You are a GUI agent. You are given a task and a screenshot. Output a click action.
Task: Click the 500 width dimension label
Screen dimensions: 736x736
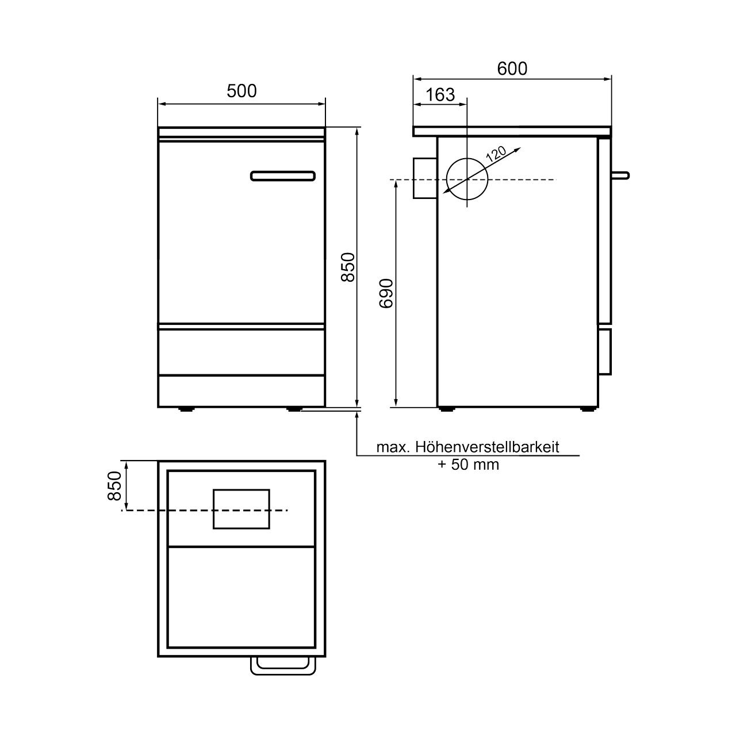tap(241, 91)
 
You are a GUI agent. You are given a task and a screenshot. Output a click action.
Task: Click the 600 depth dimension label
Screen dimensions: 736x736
tap(512, 69)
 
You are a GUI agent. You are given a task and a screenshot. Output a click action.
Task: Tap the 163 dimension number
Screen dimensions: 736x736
tap(440, 95)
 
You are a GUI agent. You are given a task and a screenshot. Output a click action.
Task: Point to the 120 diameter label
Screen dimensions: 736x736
tap(496, 154)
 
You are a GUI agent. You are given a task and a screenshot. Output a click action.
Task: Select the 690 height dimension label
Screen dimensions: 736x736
tap(386, 293)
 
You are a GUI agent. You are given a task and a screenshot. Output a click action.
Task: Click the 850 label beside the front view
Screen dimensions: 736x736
tap(348, 267)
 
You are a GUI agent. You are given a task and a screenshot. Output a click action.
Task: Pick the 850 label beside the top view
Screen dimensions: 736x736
tap(114, 486)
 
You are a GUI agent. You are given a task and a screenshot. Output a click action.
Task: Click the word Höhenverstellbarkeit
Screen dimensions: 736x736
tap(487, 447)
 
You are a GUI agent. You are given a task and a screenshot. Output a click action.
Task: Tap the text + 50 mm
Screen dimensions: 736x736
tap(468, 465)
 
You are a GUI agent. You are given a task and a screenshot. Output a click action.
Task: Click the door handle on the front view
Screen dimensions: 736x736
tap(283, 176)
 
